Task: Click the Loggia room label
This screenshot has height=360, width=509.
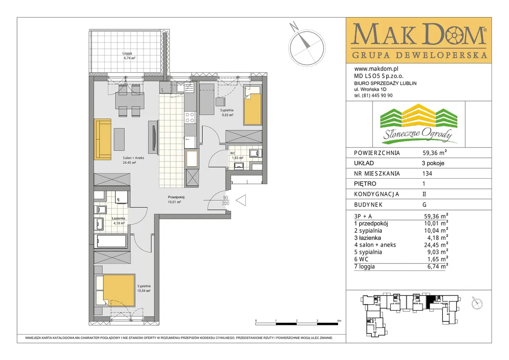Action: point(127,53)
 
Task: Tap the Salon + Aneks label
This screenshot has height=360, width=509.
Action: point(133,158)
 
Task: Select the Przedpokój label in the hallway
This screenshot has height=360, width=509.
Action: point(175,197)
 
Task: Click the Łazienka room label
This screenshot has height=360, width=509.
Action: point(118,218)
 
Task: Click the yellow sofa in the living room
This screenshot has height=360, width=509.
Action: point(103,139)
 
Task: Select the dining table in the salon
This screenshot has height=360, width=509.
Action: point(130,101)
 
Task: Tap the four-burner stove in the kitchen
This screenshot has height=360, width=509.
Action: point(190,117)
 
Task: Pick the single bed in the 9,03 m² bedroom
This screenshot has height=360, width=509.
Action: point(252,105)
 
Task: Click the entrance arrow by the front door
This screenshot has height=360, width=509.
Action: point(241,200)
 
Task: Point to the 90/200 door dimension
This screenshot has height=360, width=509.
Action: point(225,200)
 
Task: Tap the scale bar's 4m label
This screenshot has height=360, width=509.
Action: point(339,321)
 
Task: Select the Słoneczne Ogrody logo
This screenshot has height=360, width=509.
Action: point(419,124)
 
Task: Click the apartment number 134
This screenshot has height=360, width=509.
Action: point(427,173)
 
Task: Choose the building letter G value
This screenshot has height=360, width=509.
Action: point(424,205)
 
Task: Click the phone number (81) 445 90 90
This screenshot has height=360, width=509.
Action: point(377,95)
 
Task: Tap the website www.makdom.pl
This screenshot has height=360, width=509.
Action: point(376,69)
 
